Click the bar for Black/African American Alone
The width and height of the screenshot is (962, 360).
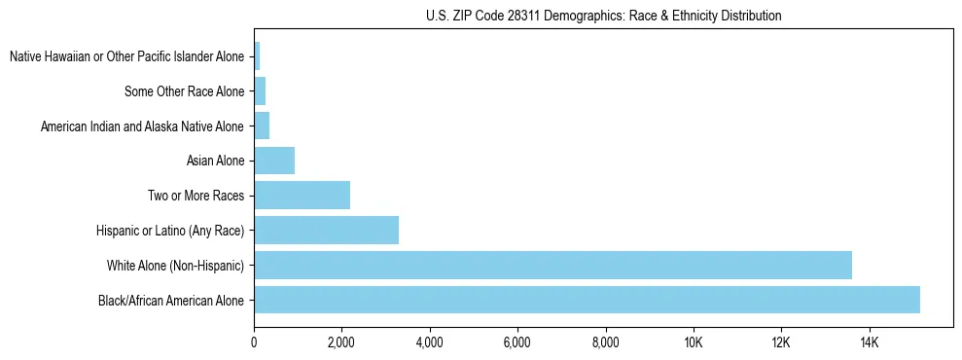pos(587,300)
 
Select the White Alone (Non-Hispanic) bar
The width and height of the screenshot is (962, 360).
pos(552,265)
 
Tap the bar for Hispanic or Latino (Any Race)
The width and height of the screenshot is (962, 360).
pos(326,230)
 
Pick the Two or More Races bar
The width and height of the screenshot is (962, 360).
pos(302,196)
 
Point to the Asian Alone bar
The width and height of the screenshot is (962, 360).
pos(274,161)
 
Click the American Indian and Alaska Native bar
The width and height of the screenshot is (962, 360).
pos(262,126)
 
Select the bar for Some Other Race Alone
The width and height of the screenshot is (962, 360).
pos(260,91)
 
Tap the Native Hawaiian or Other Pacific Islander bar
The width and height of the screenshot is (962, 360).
pos(257,56)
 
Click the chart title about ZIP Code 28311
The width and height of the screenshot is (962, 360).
pos(603,16)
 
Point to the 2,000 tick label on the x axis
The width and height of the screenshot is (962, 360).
pos(341,342)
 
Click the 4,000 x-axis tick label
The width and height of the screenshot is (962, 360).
pos(429,342)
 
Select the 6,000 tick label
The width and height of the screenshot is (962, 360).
pos(517,342)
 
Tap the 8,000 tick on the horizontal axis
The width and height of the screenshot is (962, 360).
pos(605,342)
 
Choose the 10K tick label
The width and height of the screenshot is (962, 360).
pos(694,342)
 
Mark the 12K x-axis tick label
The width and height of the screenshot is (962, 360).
pos(781,342)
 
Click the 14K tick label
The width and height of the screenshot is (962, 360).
pos(869,342)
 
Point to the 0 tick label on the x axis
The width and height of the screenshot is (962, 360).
pos(254,342)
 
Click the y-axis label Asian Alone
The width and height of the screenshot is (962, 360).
pos(215,161)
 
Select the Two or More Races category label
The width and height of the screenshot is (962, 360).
pos(196,196)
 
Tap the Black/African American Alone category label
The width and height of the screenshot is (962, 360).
pos(171,300)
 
